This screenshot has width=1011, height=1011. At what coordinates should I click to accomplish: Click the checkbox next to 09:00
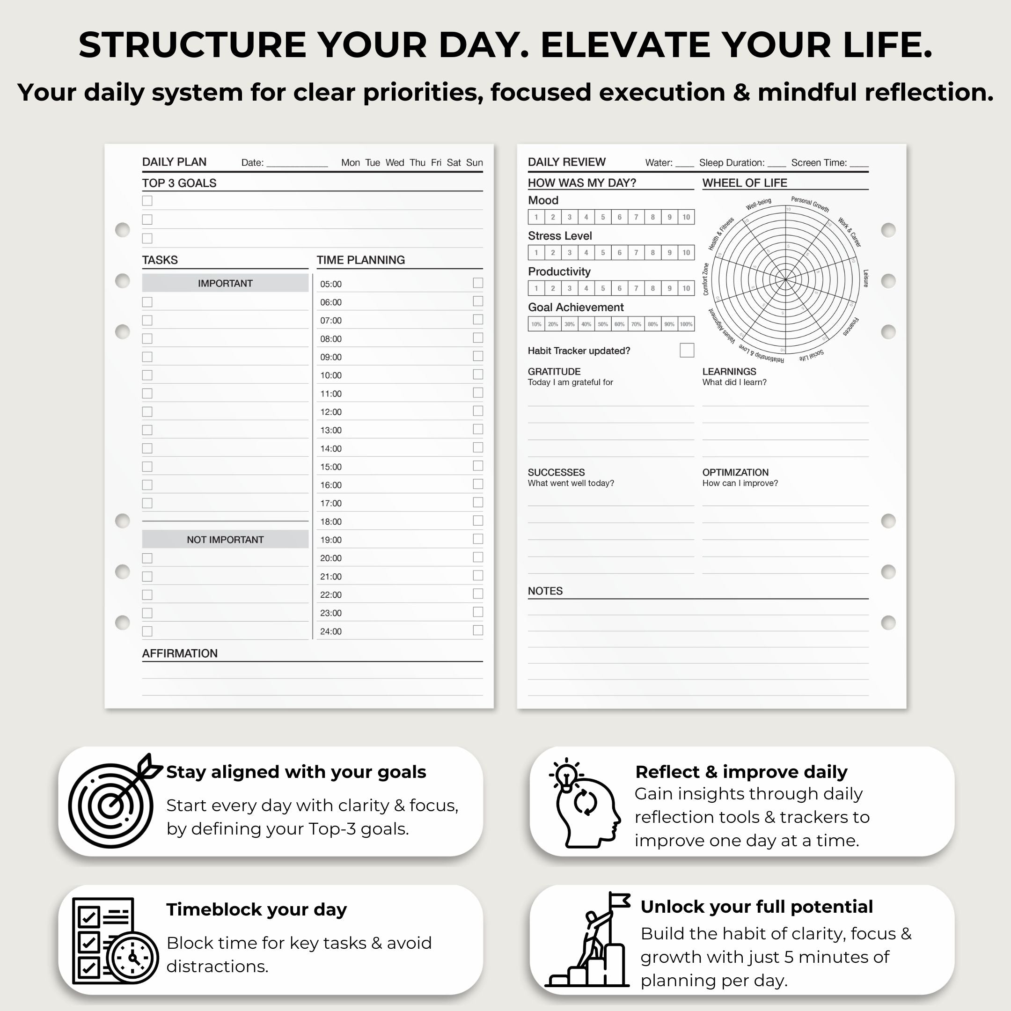(x=478, y=356)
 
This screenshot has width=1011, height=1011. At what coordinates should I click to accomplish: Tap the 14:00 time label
(x=331, y=448)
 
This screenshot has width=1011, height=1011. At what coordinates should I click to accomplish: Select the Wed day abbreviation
(x=395, y=163)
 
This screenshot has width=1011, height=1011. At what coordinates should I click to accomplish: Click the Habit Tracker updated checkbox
(x=687, y=350)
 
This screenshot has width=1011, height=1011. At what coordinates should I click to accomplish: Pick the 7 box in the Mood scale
(x=636, y=217)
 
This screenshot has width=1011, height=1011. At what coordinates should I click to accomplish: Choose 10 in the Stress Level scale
(x=686, y=253)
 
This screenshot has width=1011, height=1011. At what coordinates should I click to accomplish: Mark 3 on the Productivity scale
(x=569, y=288)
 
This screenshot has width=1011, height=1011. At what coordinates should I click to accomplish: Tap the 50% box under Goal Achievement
(x=603, y=324)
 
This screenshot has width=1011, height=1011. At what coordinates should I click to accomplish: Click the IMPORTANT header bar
(x=225, y=283)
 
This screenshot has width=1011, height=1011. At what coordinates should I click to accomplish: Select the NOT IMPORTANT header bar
(x=225, y=540)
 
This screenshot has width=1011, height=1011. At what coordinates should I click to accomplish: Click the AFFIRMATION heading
(x=179, y=653)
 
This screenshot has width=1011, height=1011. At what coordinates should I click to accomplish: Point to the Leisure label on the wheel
(x=865, y=278)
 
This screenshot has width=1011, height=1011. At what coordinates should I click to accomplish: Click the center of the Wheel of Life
(x=785, y=279)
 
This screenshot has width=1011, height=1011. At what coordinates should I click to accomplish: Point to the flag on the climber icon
(x=620, y=900)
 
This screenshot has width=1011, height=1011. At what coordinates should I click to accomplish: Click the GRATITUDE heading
(x=554, y=372)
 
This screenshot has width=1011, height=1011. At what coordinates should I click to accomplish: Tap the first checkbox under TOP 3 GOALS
(x=147, y=201)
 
